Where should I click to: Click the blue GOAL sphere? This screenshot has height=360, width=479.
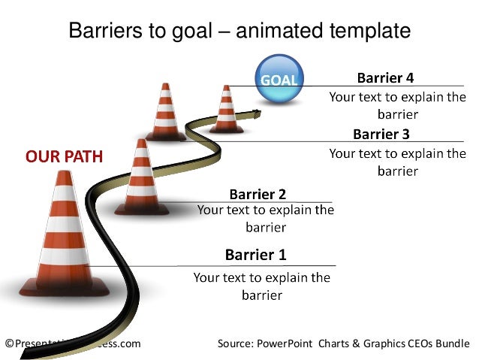click(x=279, y=78)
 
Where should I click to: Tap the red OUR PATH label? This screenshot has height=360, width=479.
click(x=64, y=157)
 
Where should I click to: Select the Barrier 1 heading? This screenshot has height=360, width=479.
click(x=255, y=255)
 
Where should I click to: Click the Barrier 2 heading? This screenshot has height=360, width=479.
click(x=257, y=195)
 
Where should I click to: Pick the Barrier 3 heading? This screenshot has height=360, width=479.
click(x=381, y=135)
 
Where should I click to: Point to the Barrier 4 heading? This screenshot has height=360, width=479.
click(x=384, y=77)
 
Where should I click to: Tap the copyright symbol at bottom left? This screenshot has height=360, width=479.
click(x=9, y=343)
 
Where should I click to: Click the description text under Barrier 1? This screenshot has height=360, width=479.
click(x=261, y=286)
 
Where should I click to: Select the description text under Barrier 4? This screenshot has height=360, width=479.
click(x=397, y=106)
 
